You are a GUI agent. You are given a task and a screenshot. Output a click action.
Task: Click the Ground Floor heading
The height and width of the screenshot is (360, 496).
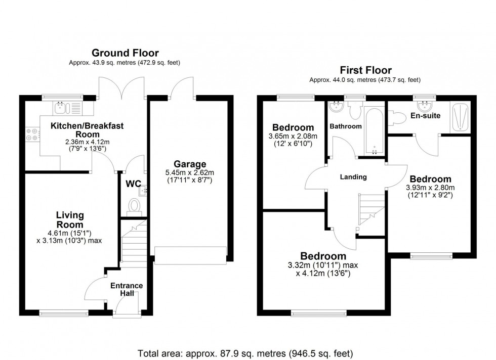(x=125, y=53)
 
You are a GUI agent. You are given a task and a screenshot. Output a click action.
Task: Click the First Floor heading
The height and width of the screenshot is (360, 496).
(x=365, y=70)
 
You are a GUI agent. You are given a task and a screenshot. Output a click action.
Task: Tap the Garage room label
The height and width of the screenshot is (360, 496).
(x=190, y=164)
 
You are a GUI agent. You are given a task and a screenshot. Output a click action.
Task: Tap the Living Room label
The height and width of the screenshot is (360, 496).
(x=70, y=220)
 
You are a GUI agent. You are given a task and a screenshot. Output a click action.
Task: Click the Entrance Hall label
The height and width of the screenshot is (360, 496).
(x=127, y=289)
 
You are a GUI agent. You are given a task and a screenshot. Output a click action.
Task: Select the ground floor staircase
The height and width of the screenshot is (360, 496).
(x=134, y=243)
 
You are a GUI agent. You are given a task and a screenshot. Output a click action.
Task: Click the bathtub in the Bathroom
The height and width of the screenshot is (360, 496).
(x=375, y=131)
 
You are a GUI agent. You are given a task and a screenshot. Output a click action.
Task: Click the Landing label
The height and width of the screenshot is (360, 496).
(x=353, y=177)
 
